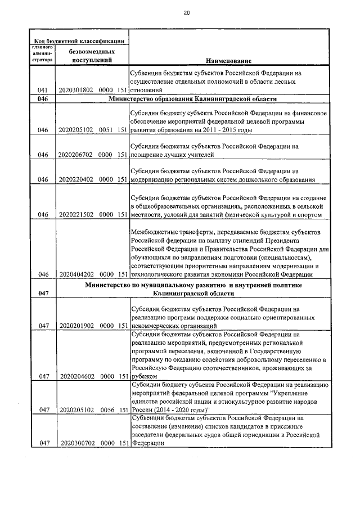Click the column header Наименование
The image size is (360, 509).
point(228,60)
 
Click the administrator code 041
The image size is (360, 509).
point(42,90)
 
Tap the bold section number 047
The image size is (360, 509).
point(43,293)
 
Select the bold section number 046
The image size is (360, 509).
point(43,99)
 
